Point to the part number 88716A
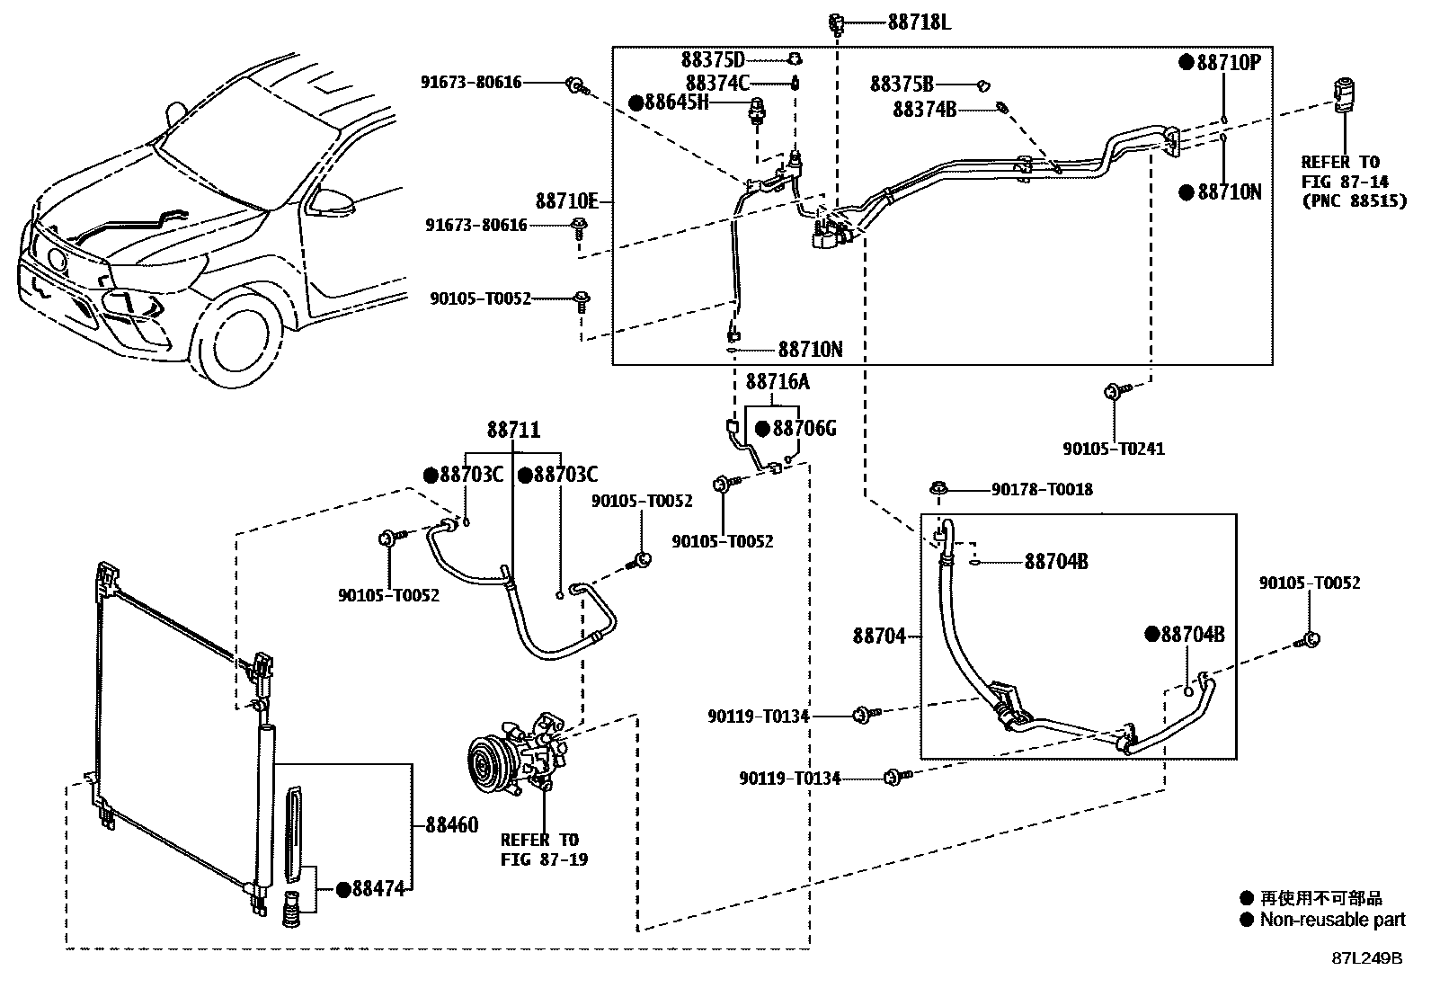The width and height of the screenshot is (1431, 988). [x=777, y=382]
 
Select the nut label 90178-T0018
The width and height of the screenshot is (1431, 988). [x=1042, y=489]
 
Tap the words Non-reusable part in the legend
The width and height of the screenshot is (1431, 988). [x=1331, y=920]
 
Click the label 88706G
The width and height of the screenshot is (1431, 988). [x=803, y=428]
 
